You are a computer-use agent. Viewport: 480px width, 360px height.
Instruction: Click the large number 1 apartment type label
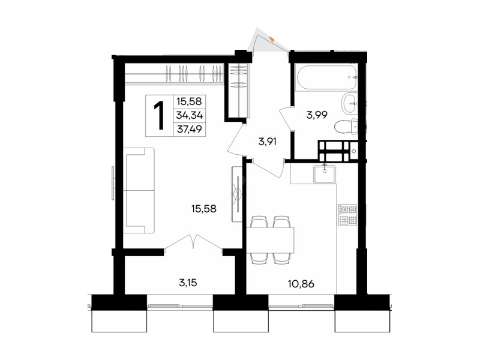point(160,116)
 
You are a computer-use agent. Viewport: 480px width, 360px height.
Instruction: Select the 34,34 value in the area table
point(190,115)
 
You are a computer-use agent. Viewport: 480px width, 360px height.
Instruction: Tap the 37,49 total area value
point(190,130)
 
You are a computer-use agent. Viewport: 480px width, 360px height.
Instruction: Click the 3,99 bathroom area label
point(317,115)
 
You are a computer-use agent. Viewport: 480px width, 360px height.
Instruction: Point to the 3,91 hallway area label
point(268,142)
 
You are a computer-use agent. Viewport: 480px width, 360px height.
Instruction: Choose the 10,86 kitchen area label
point(301,284)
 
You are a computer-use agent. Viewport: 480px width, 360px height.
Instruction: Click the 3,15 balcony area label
point(188,283)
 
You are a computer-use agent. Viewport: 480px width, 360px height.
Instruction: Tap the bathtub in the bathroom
point(326,77)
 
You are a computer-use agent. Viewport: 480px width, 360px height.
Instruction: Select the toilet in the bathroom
point(346,127)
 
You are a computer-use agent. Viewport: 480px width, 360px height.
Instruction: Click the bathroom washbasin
point(349,103)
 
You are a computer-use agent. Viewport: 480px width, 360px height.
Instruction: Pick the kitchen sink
point(325,174)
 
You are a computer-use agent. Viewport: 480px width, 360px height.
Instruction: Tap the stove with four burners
point(347,215)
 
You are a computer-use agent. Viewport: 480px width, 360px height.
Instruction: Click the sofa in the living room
point(139,190)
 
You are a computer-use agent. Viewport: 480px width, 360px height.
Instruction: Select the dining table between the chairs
point(270,240)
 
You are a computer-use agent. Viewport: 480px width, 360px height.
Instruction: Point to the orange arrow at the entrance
point(272,39)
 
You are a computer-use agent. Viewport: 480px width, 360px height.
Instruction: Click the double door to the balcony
point(193,242)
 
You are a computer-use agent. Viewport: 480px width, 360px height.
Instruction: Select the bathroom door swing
point(286,119)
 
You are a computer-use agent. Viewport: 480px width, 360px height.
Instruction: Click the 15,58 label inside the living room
point(204,209)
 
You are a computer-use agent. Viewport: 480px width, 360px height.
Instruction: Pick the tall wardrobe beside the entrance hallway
point(238,90)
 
